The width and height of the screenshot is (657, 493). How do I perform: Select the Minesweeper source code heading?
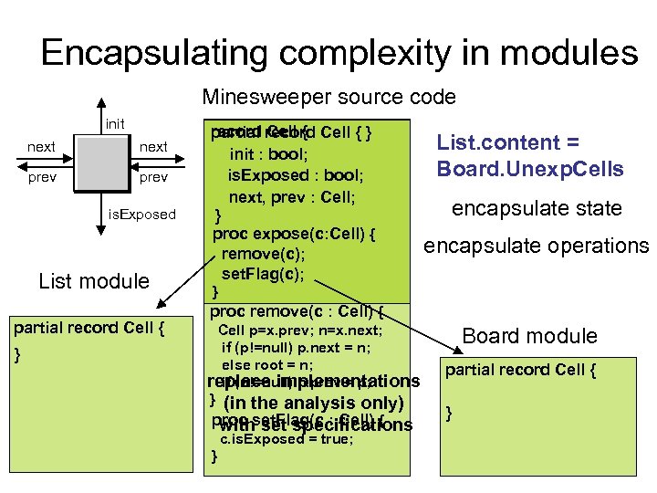[328, 97]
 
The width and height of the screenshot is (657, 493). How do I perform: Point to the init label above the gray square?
[115, 124]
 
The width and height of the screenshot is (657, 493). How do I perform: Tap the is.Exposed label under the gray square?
[142, 214]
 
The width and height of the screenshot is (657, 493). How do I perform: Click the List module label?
[94, 281]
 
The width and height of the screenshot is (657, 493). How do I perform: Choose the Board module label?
[529, 336]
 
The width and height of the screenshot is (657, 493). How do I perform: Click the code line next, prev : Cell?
[291, 196]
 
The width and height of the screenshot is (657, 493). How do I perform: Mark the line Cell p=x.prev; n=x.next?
[301, 330]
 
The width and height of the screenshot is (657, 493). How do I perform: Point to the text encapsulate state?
[537, 208]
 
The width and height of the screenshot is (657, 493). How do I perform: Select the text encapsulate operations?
[535, 246]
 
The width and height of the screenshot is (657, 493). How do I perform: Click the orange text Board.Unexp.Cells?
[530, 169]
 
